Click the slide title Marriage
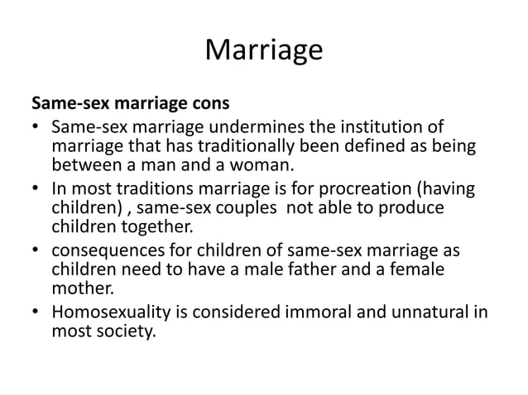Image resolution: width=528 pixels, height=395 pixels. [263, 50]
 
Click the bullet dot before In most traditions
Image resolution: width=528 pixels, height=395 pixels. [36, 189]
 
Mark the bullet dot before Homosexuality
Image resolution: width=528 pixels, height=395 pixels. [36, 312]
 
